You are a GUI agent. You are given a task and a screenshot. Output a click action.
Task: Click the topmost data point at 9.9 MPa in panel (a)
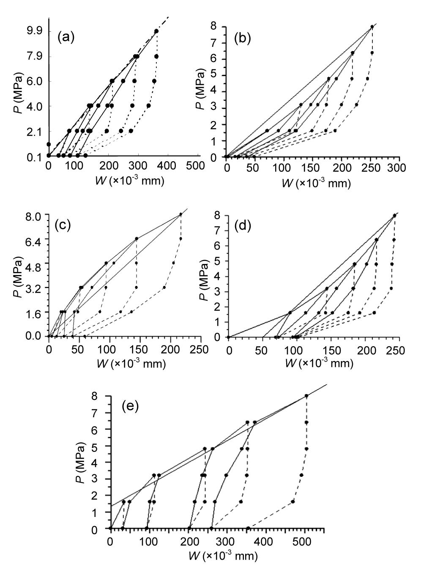point(156,31)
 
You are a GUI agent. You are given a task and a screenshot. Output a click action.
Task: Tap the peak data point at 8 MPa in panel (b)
point(372,27)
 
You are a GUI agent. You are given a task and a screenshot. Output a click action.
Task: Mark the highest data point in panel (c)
point(181,214)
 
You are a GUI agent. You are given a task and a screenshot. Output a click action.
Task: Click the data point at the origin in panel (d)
point(229,337)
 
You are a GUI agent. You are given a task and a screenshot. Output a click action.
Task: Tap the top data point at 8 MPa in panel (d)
point(394,215)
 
